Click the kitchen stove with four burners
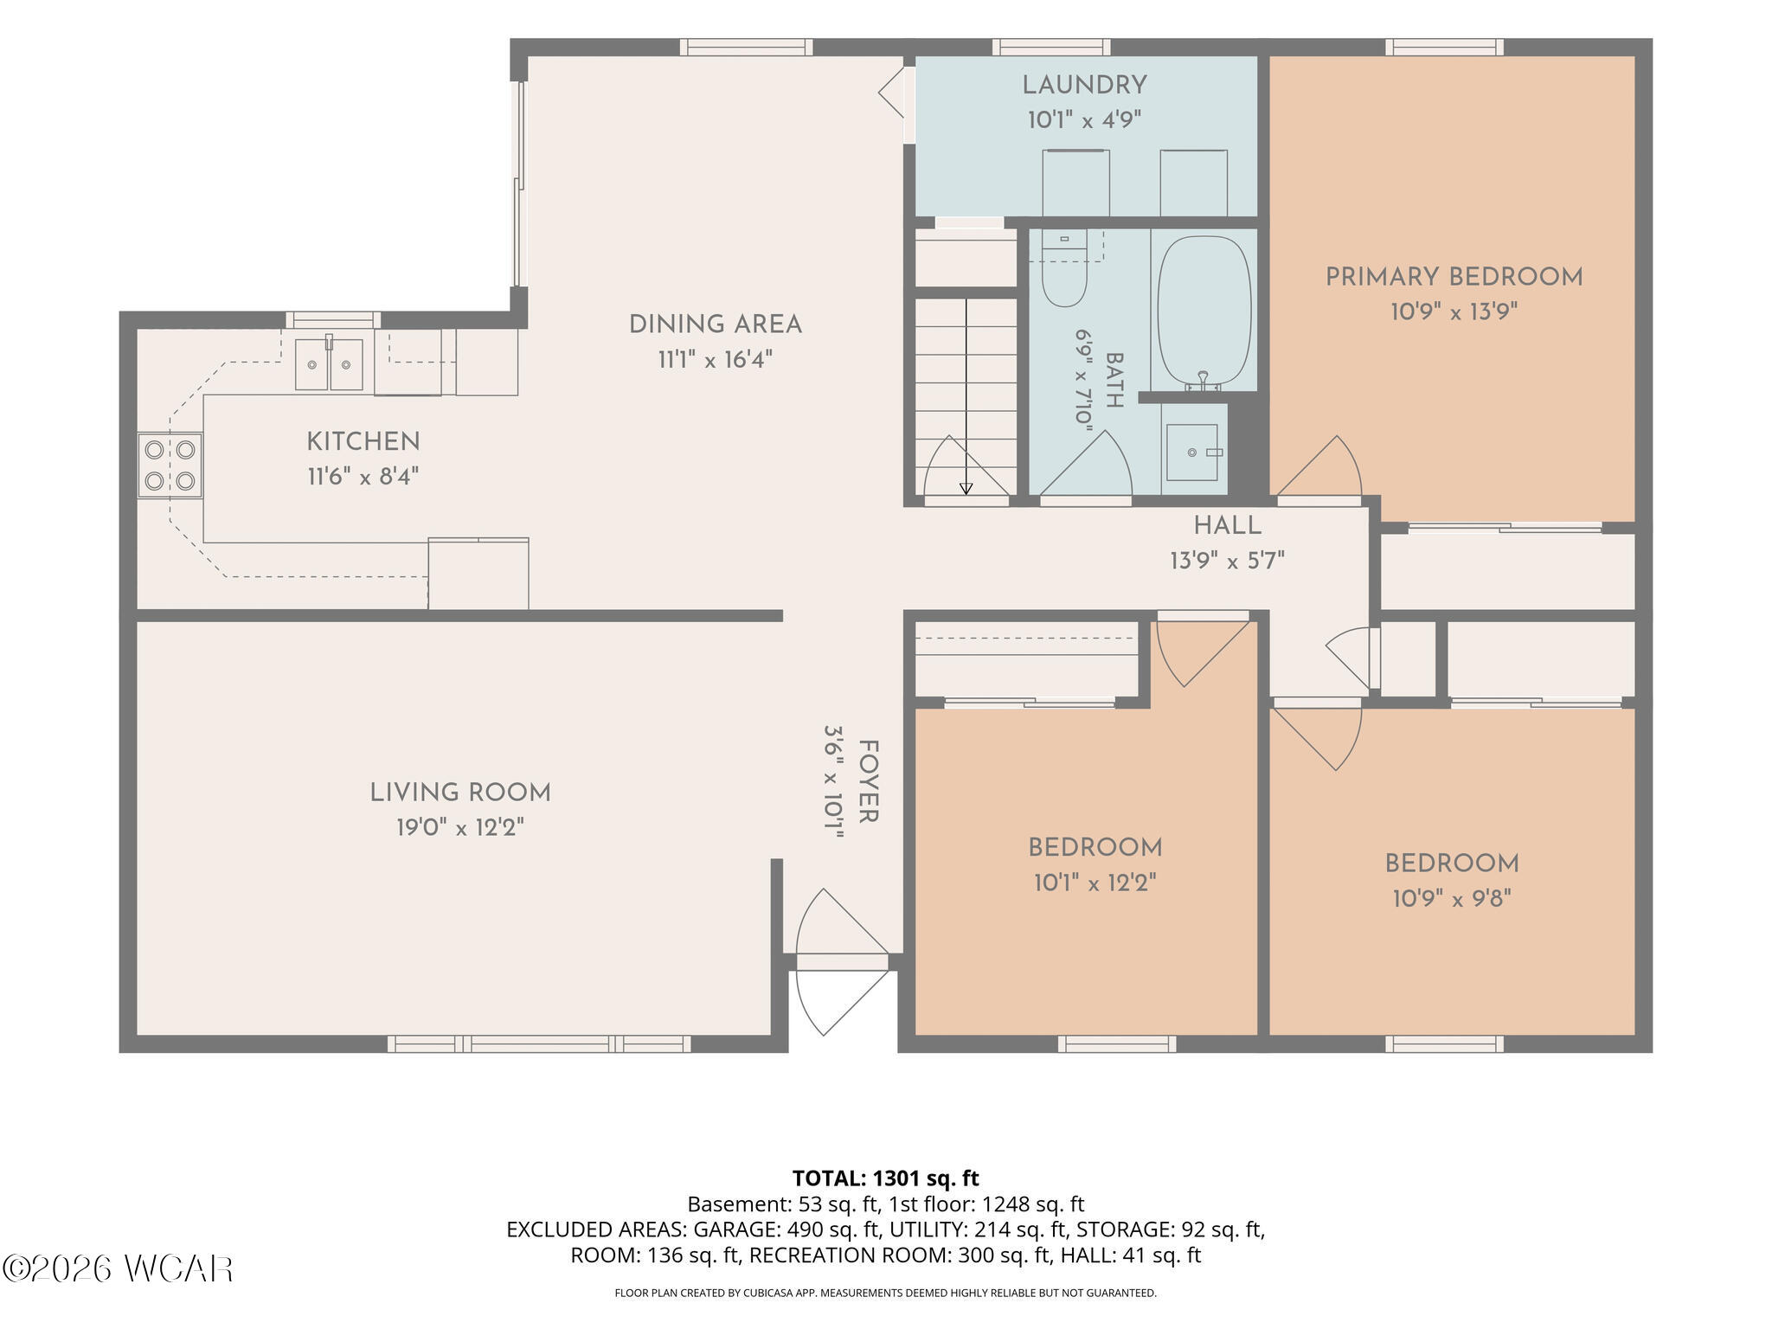pyautogui.click(x=170, y=465)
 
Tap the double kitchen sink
pyautogui.click(x=329, y=364)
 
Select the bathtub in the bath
pyautogui.click(x=1204, y=311)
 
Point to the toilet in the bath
pyautogui.click(x=1064, y=268)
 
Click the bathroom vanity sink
pyautogui.click(x=1191, y=453)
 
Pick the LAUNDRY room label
pyautogui.click(x=1084, y=86)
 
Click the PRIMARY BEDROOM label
pyautogui.click(x=1454, y=278)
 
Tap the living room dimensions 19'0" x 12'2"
pyautogui.click(x=460, y=828)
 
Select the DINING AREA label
pyautogui.click(x=715, y=325)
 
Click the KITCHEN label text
pyautogui.click(x=363, y=442)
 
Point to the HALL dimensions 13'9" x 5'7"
pyautogui.click(x=1227, y=562)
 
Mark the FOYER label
pyautogui.click(x=868, y=781)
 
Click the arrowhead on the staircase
pyautogui.click(x=966, y=489)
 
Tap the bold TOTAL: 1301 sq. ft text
pyautogui.click(x=885, y=1178)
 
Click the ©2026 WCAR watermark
pyautogui.click(x=118, y=1269)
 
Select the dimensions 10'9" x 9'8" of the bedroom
pyautogui.click(x=1452, y=899)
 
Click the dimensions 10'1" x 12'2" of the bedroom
pyautogui.click(x=1095, y=883)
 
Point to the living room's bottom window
pyautogui.click(x=539, y=1043)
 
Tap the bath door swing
pyautogui.click(x=1086, y=465)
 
